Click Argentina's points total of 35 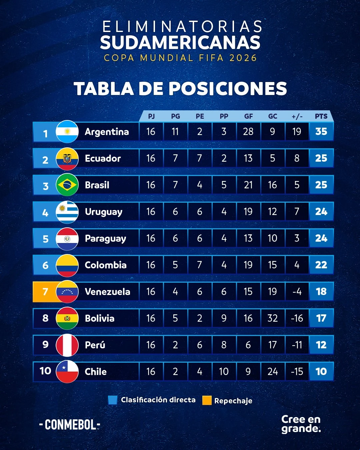pos(321,132)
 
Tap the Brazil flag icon pos(67,185)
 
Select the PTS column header pos(321,116)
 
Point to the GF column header pos(248,116)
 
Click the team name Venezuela pos(107,292)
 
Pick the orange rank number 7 pos(45,292)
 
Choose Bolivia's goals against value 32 pos(272,318)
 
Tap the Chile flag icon pos(67,372)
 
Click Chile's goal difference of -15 pos(297,372)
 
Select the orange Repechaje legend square pos(207,400)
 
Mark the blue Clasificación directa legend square pos(113,400)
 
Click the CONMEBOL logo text pos(70,425)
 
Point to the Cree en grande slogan pos(301,424)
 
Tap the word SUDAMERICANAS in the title pos(180,43)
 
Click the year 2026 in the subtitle pos(243,58)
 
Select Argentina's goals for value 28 pos(248,132)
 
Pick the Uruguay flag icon pos(67,212)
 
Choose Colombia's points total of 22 pos(321,265)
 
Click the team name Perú pos(95,345)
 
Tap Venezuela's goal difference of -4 pos(297,292)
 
